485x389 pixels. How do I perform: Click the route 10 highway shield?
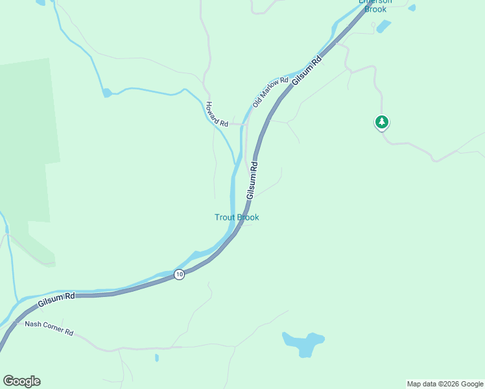180,275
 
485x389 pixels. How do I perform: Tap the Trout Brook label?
237,217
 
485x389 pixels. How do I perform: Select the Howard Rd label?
217,114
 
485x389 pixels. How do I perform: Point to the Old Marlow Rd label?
270,92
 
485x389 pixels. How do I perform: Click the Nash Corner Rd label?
49,327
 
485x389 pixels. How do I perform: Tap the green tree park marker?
382,122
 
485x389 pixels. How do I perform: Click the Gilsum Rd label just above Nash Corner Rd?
56,300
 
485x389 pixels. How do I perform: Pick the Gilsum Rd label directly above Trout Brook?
252,181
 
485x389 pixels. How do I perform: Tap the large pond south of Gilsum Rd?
303,343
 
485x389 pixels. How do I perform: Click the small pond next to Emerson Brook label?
384,27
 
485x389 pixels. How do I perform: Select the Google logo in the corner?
21,381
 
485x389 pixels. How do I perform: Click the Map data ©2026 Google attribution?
445,384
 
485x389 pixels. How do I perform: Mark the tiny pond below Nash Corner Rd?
157,357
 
